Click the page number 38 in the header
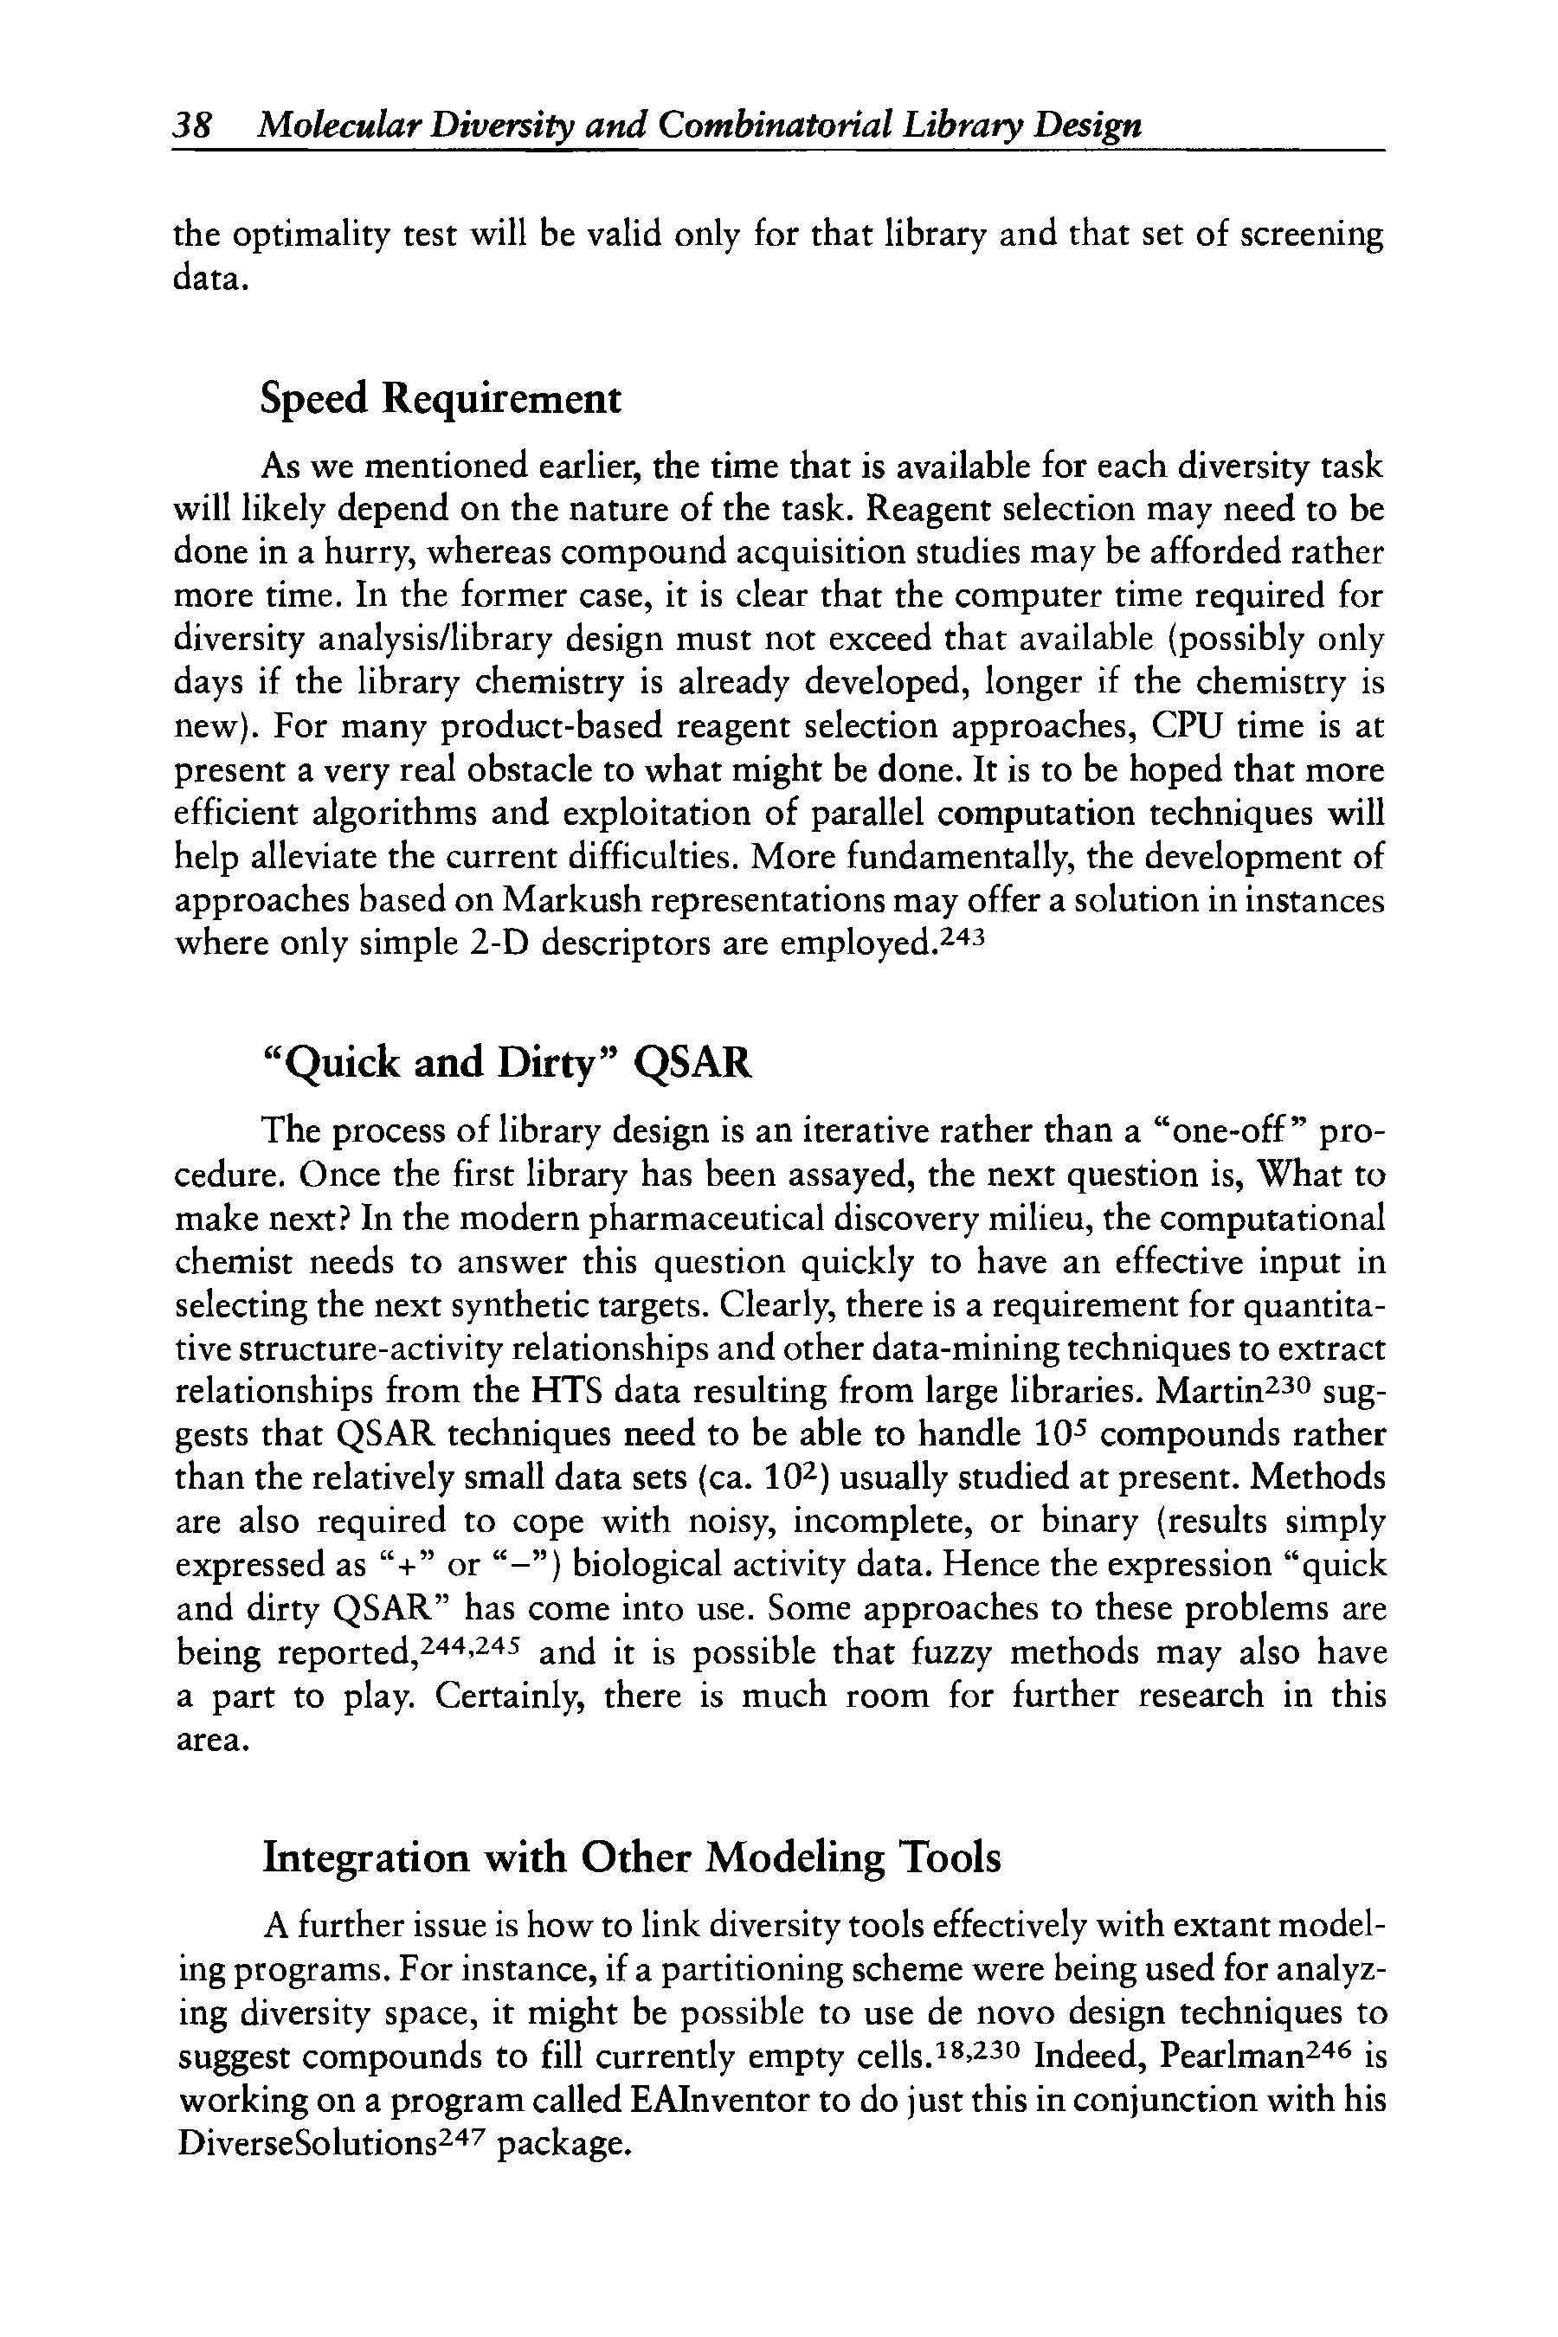190,126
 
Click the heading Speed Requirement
441,399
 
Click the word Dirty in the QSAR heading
552,1063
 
